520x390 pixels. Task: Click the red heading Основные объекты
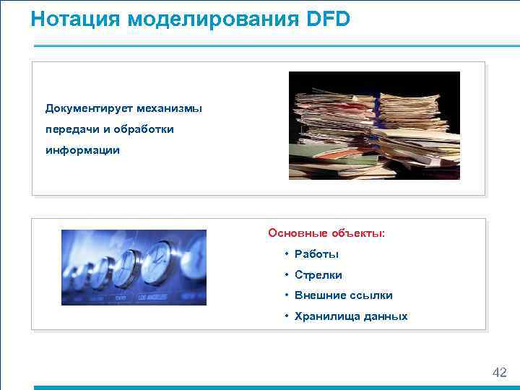coord(326,233)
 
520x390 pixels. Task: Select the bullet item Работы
coord(316,254)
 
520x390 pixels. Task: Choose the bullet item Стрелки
coord(318,275)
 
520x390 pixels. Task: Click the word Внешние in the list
coord(320,295)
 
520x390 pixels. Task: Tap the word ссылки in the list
coord(372,295)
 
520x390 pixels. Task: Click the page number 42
coord(499,372)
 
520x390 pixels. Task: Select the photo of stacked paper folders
coord(374,126)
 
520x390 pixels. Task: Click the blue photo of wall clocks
coord(134,267)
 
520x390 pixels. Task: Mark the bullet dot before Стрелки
coord(287,275)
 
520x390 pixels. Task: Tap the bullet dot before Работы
coord(287,254)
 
